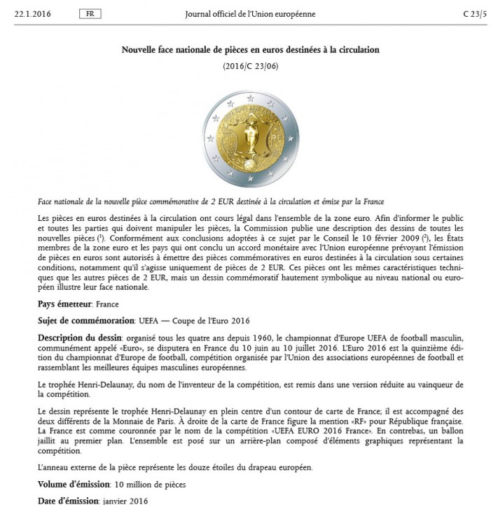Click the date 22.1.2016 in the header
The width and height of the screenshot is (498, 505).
click(34, 14)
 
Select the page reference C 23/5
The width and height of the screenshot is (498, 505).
click(473, 14)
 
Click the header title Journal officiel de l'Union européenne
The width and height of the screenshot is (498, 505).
click(249, 14)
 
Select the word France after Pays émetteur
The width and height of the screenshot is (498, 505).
click(107, 304)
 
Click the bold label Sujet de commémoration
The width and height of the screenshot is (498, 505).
click(86, 320)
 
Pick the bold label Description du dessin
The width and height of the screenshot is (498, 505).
click(76, 339)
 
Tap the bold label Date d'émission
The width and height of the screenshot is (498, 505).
click(67, 501)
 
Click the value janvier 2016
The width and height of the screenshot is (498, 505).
click(125, 501)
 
